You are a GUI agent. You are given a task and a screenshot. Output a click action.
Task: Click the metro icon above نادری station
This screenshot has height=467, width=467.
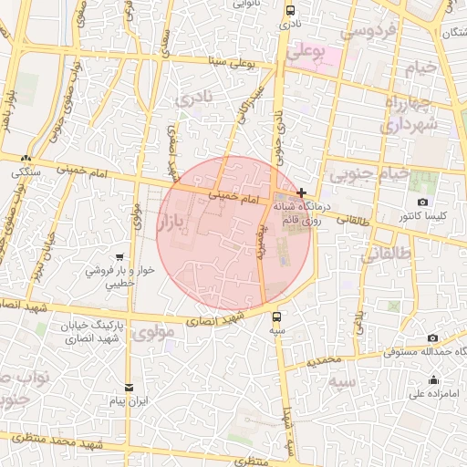pyautogui.click(x=290, y=11)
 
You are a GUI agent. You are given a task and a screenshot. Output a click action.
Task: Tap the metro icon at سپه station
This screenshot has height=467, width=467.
pyautogui.click(x=277, y=317)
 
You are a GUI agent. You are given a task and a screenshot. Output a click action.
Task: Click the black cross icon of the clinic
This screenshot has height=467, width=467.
pyautogui.click(x=301, y=193)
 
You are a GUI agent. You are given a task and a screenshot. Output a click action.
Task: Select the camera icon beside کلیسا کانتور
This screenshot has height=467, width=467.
pyautogui.click(x=421, y=202)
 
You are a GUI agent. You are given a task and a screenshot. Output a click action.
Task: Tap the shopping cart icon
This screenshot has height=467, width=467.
pyautogui.click(x=119, y=257)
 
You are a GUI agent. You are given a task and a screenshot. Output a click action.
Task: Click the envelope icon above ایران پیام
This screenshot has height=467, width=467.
pyautogui.click(x=128, y=388)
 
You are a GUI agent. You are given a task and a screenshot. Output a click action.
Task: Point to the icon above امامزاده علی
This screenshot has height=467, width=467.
pyautogui.click(x=432, y=380)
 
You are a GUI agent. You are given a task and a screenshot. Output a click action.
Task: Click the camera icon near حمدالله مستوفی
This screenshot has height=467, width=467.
pyautogui.click(x=432, y=337)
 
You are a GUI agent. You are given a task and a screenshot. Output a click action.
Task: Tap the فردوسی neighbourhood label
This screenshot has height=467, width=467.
pyautogui.click(x=368, y=31)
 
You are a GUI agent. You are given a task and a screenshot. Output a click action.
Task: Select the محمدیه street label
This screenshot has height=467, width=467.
pyautogui.click(x=323, y=362)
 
